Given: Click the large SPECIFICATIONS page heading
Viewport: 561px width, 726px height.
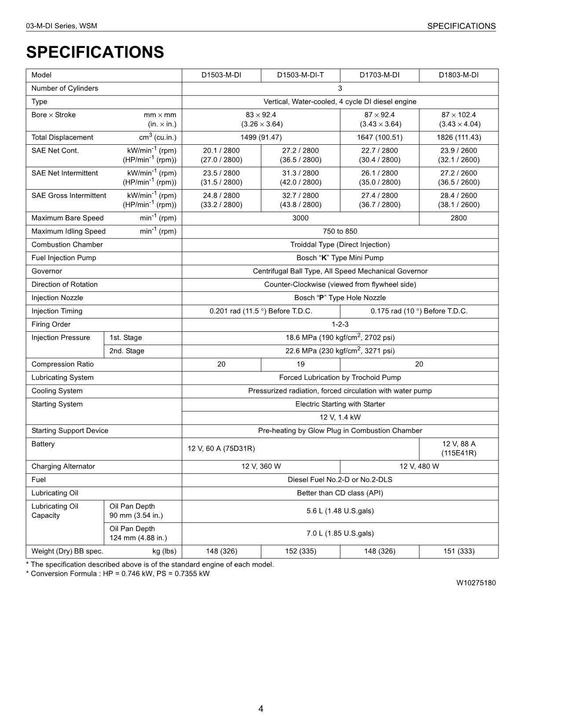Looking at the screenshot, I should click(x=95, y=52).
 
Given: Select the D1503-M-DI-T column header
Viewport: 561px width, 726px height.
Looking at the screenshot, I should click(x=300, y=75).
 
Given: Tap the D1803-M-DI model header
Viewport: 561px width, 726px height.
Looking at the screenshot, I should click(x=458, y=75).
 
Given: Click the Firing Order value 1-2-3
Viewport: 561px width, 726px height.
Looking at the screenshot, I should click(x=340, y=324).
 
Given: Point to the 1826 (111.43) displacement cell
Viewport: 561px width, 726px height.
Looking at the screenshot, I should click(x=458, y=137).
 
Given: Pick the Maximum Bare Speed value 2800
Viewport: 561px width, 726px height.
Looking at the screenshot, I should click(x=458, y=218).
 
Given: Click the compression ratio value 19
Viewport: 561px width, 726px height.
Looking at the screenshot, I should click(x=300, y=364).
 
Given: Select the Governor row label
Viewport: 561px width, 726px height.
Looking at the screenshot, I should click(x=47, y=271).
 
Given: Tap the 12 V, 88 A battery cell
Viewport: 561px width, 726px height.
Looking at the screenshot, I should click(x=458, y=448).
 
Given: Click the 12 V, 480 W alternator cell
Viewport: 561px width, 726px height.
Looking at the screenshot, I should click(x=419, y=466).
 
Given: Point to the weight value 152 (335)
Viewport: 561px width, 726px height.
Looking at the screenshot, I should click(x=300, y=551).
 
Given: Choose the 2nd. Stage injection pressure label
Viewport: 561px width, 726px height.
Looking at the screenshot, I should click(x=127, y=351).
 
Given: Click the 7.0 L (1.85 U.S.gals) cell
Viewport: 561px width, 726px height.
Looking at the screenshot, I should click(x=340, y=533).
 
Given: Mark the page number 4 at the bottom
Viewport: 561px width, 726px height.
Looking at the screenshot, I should click(x=261, y=708).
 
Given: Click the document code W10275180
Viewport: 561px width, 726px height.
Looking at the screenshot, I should click(x=476, y=583).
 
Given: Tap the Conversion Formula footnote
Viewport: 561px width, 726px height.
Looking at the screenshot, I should click(x=118, y=573).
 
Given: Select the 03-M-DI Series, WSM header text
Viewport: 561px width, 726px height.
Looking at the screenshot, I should click(x=62, y=26).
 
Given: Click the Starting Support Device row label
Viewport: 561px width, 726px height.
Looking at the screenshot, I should click(x=70, y=430).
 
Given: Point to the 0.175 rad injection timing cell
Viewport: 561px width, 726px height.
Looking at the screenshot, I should click(x=419, y=311).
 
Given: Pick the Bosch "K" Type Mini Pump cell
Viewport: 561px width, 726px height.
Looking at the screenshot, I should click(x=340, y=258).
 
